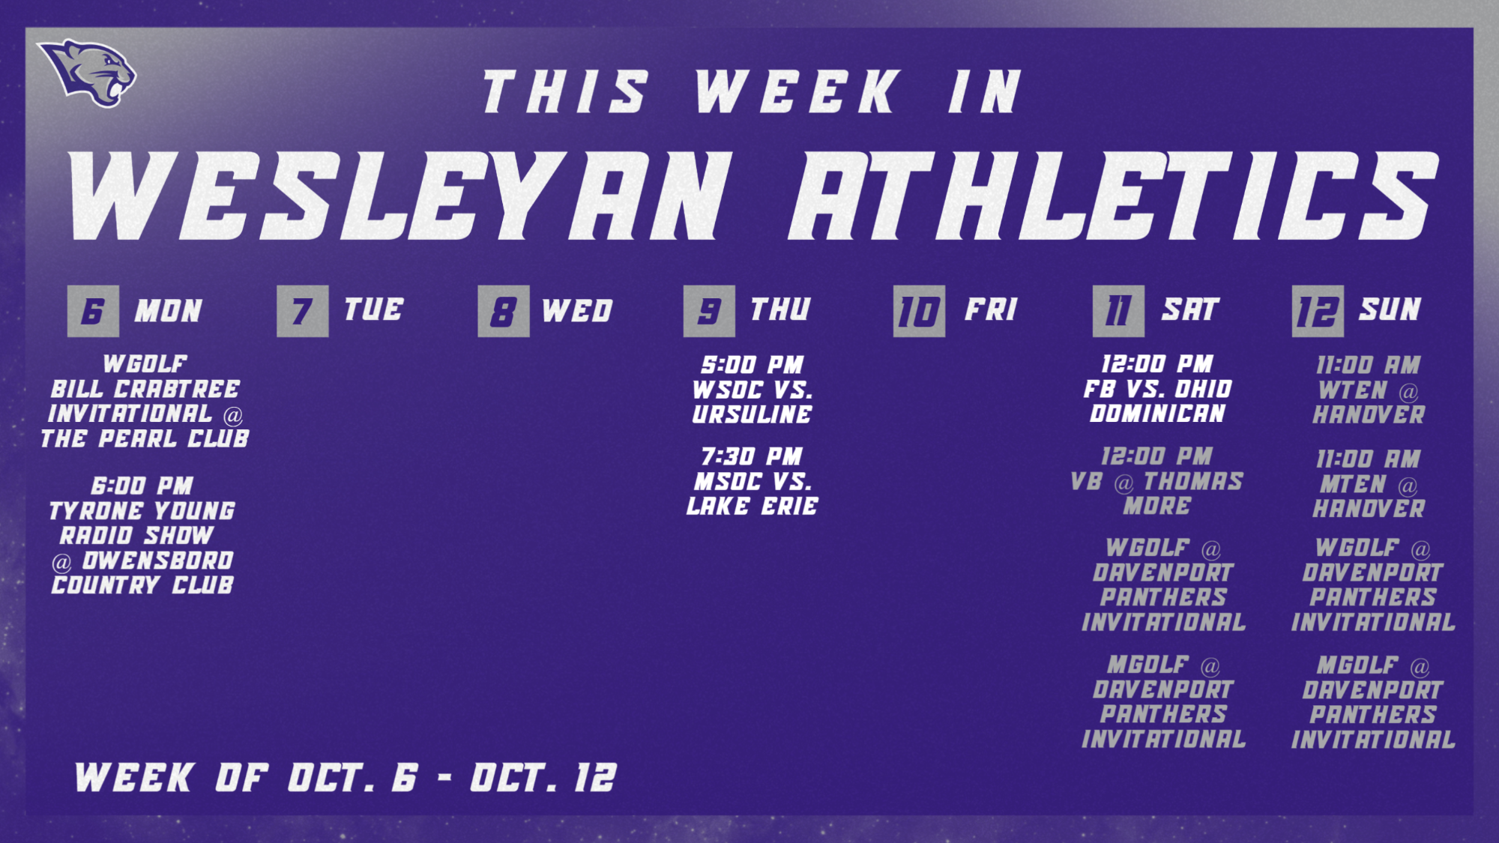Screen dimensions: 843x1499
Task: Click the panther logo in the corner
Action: click(x=88, y=72)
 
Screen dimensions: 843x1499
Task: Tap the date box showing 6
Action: click(x=93, y=311)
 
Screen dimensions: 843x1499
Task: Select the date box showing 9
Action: click(x=709, y=311)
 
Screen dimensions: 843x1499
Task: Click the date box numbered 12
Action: click(x=1318, y=311)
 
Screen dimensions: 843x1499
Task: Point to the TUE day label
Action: click(x=373, y=309)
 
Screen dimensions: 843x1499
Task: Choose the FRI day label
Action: click(x=991, y=309)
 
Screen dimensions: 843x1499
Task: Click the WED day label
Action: click(x=577, y=311)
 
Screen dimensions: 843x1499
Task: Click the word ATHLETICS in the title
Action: click(x=1112, y=196)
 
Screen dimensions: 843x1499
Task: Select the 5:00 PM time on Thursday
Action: click(x=752, y=365)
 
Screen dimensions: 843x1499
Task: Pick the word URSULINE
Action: click(x=752, y=414)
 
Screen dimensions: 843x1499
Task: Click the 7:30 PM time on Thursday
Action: click(x=752, y=456)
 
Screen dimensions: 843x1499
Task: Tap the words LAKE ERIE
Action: click(x=752, y=507)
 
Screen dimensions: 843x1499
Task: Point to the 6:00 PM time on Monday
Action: click(x=142, y=486)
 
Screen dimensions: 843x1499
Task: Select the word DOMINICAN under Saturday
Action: click(x=1158, y=414)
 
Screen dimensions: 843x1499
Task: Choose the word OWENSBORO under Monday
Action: click(x=158, y=561)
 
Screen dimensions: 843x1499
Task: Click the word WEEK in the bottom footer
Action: click(x=134, y=778)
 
